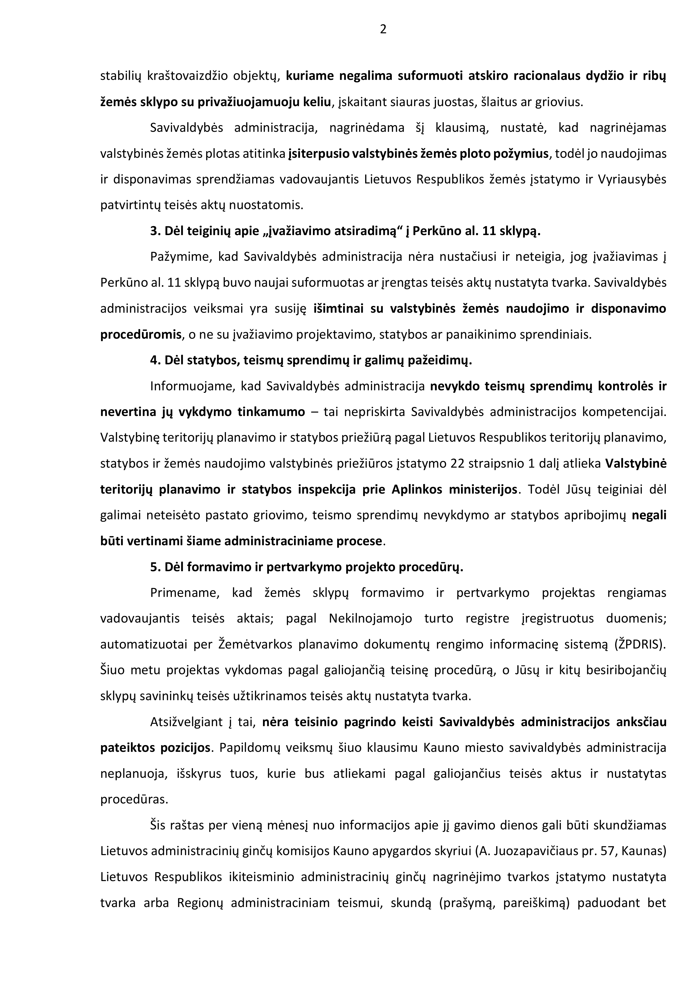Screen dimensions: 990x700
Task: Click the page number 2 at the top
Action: pos(383,29)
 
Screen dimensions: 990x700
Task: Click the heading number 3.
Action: pos(155,231)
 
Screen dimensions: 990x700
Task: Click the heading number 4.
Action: pos(155,360)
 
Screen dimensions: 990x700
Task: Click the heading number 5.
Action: pos(155,567)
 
